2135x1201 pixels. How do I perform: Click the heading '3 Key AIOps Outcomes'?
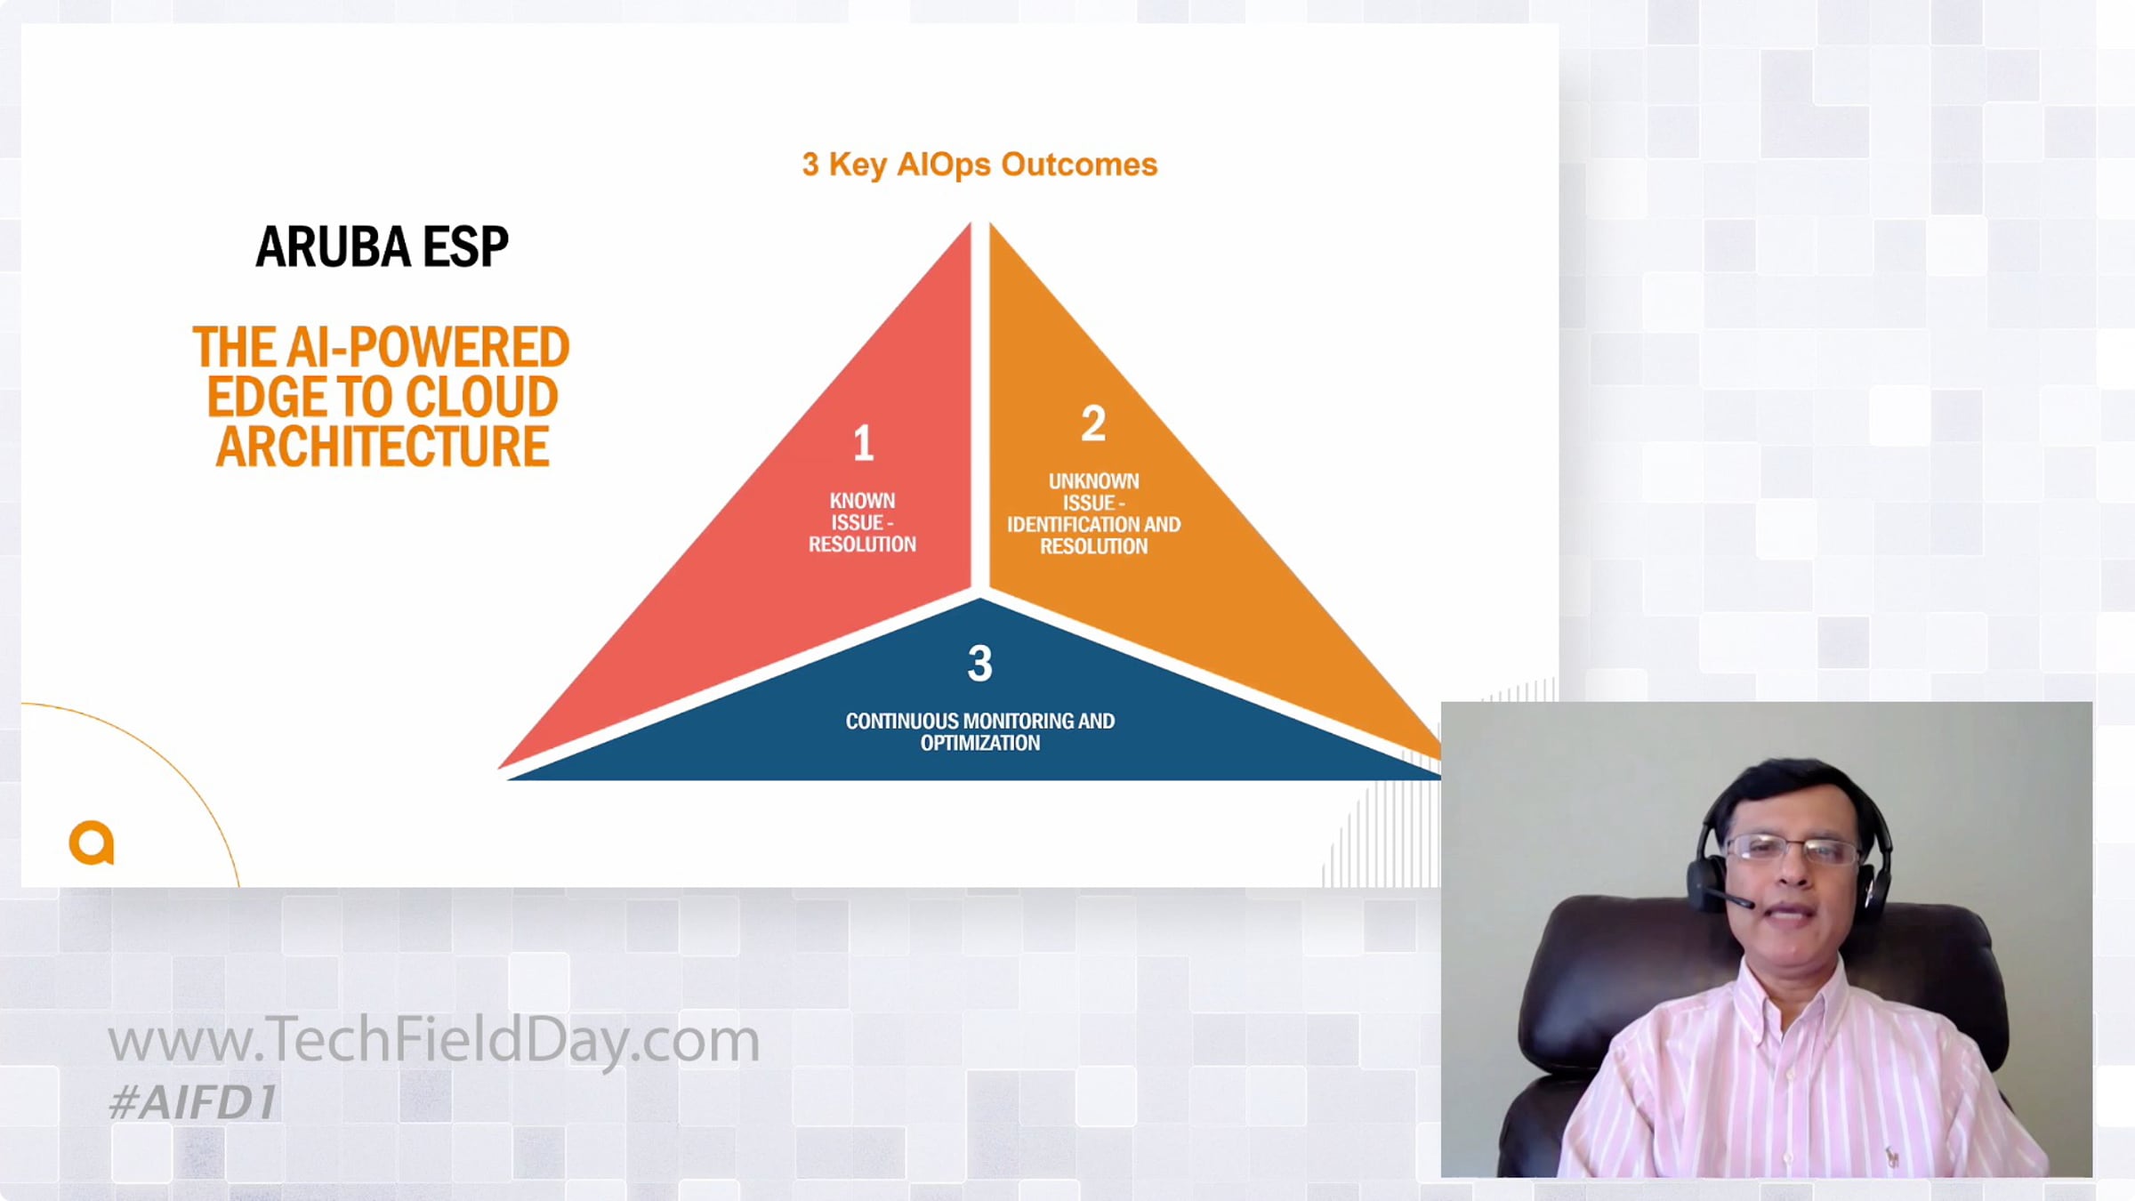(x=979, y=165)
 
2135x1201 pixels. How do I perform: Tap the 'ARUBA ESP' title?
(x=382, y=246)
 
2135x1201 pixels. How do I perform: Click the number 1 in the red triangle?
(x=863, y=443)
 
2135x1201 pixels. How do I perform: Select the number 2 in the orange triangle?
(x=1093, y=423)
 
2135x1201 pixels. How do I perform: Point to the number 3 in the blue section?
(x=979, y=664)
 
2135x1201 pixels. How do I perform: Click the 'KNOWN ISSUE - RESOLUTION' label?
(x=862, y=522)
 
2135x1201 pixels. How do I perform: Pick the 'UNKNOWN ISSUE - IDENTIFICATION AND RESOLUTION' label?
(x=1093, y=513)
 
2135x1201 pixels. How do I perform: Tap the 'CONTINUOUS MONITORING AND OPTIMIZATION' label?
(x=979, y=731)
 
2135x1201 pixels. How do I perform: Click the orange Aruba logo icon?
(x=92, y=842)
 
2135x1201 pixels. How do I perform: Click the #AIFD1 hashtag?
(x=192, y=1102)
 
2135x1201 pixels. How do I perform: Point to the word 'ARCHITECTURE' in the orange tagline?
(x=382, y=447)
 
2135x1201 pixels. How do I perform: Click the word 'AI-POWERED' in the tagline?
(x=428, y=347)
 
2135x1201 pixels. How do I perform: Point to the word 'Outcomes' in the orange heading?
(x=1079, y=165)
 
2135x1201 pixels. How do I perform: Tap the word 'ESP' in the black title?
(x=465, y=246)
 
